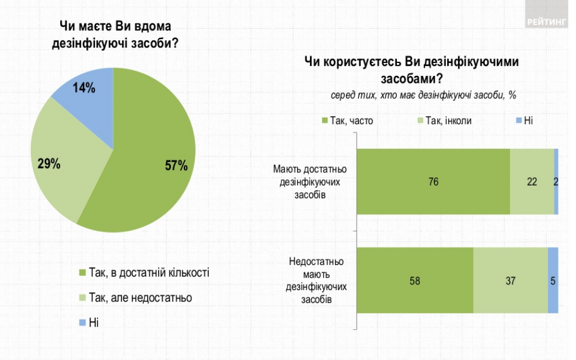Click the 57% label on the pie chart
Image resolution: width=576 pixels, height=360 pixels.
tap(176, 166)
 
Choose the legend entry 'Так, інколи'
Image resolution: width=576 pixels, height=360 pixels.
tap(444, 121)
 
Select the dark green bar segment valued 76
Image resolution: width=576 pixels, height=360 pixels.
tap(433, 181)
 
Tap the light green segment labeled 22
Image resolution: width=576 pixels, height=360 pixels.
tap(532, 181)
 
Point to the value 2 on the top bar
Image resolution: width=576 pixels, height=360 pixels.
tap(556, 181)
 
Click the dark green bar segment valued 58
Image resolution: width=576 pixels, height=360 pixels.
tap(414, 281)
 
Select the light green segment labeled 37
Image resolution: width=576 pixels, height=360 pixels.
tap(510, 281)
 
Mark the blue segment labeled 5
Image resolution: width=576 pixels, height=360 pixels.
tap(553, 281)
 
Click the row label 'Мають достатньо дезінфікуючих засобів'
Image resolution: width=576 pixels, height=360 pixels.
tap(309, 181)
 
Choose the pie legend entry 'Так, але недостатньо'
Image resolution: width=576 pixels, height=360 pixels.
tap(140, 298)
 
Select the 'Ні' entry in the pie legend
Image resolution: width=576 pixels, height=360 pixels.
tap(93, 322)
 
